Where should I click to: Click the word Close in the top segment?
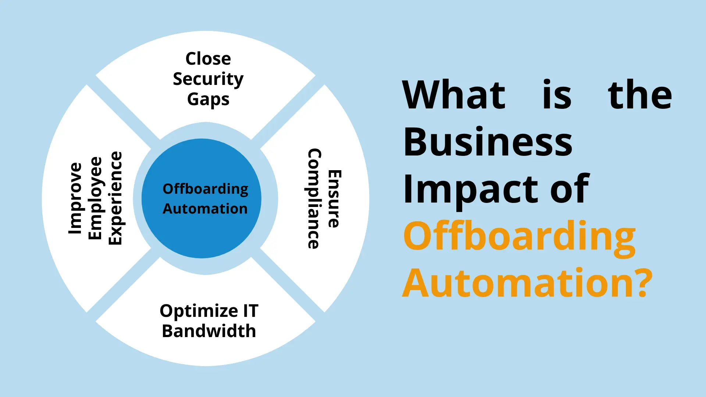tap(208, 59)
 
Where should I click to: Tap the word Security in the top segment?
tap(208, 79)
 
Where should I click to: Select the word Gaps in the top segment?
tap(208, 100)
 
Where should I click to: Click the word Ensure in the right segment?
tap(334, 198)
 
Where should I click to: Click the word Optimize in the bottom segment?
tap(199, 311)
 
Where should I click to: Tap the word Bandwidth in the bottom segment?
tap(209, 331)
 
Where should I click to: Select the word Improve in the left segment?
tap(75, 198)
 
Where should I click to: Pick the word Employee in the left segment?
tap(95, 198)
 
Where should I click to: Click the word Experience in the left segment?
tap(115, 198)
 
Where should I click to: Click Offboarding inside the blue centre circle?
tap(205, 189)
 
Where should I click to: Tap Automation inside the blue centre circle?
tap(205, 209)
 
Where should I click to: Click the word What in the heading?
tap(454, 95)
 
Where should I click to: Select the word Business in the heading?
tap(488, 142)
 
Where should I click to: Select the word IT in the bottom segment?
tap(251, 311)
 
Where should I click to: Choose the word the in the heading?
tap(640, 95)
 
